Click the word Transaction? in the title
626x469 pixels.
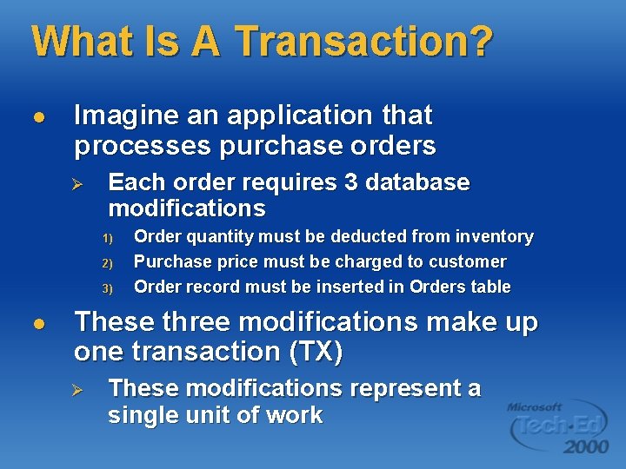tap(364, 41)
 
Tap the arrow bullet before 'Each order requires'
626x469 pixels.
tap(76, 184)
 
